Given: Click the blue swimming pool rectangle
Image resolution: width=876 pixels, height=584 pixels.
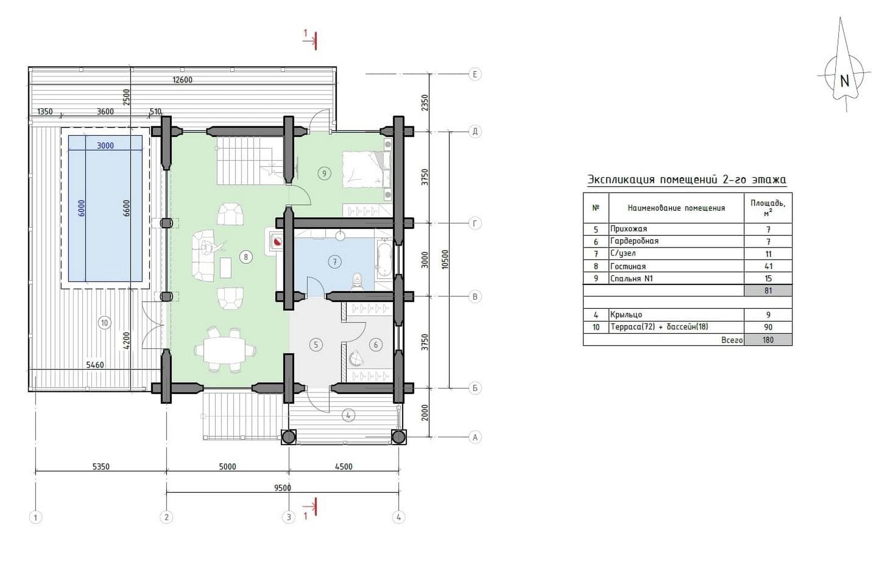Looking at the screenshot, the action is [x=105, y=209].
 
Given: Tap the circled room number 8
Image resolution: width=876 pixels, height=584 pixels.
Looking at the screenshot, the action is [x=246, y=257].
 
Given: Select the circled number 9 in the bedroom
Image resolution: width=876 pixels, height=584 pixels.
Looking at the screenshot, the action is [x=324, y=173].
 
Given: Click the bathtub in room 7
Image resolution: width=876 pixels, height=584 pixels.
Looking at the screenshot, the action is [x=384, y=259].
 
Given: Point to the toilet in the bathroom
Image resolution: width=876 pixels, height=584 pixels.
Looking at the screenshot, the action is [x=357, y=281].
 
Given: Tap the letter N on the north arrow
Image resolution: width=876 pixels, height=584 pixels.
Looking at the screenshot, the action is [x=845, y=81].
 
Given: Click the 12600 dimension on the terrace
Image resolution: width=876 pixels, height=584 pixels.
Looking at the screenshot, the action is [x=182, y=80].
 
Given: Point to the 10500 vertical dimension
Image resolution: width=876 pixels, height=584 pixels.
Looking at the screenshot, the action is [x=445, y=259].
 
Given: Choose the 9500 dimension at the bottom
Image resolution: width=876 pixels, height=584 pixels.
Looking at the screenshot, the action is [x=282, y=488].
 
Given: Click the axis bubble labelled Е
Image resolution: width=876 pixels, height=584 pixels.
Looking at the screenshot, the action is [x=475, y=74].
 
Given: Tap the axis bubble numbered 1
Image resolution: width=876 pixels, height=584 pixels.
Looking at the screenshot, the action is [x=36, y=517].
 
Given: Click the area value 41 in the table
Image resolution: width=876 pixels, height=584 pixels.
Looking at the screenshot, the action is [x=768, y=266].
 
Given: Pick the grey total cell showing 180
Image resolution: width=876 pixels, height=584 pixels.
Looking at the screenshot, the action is [x=768, y=339].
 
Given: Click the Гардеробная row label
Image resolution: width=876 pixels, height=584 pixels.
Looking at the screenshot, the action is [x=634, y=241].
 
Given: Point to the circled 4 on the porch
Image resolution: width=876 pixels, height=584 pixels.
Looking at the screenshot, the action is [x=348, y=415].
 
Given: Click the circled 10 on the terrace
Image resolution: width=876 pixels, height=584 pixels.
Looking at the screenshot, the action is [x=104, y=323].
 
